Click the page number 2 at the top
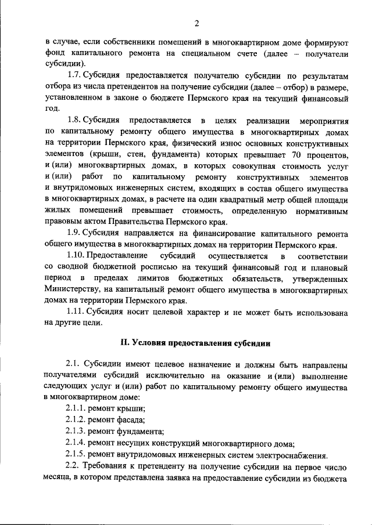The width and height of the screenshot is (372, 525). [196, 23]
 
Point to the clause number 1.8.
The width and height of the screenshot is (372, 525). [74, 120]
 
